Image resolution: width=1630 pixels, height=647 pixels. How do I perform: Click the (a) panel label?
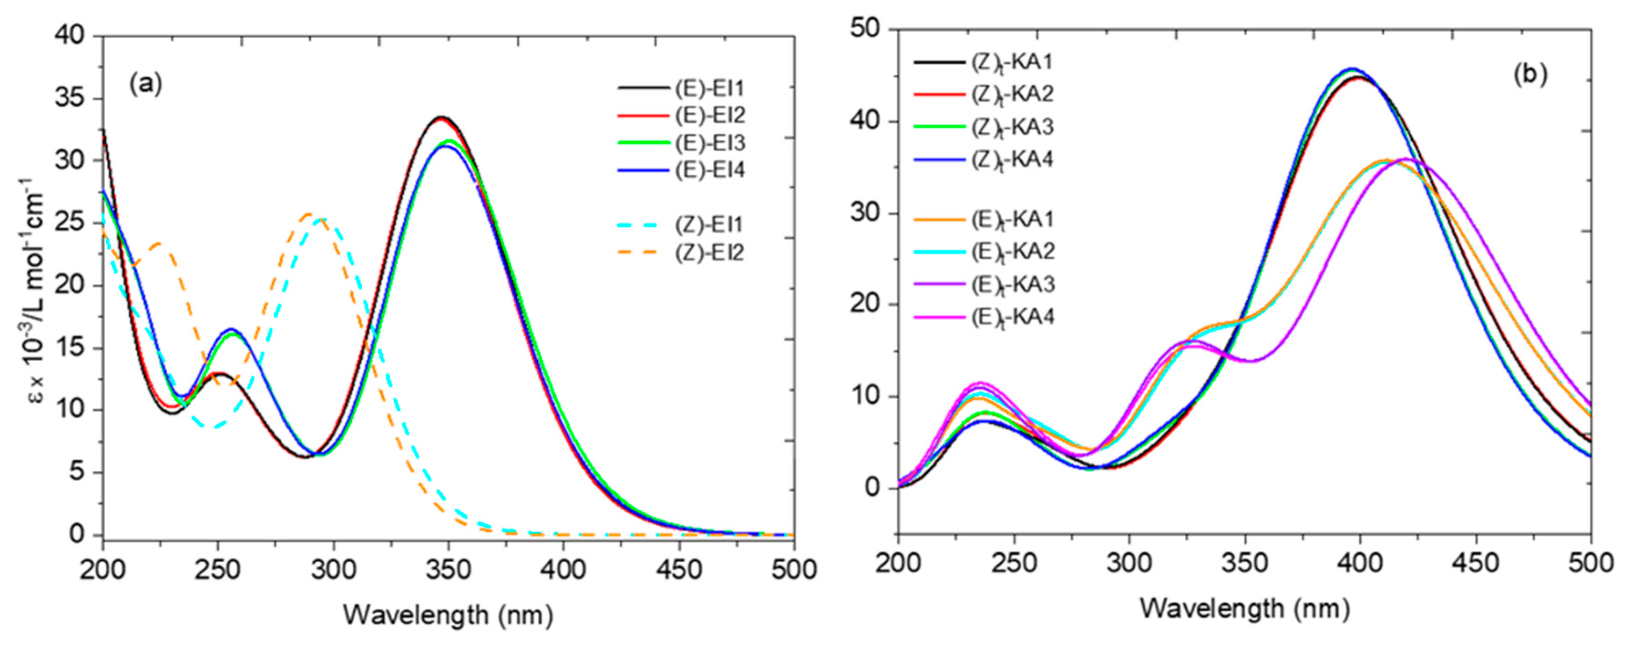click(x=145, y=83)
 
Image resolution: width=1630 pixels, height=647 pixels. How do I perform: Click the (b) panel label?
click(x=1530, y=74)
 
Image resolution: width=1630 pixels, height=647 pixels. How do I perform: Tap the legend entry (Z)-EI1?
click(x=709, y=224)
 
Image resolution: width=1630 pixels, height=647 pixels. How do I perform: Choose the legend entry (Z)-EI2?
click(x=709, y=253)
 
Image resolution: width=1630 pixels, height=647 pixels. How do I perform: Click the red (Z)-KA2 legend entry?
click(x=1013, y=94)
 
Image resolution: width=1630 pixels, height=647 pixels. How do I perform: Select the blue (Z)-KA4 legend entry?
click(x=1013, y=159)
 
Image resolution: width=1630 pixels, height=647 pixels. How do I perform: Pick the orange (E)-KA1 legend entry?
click(x=1013, y=219)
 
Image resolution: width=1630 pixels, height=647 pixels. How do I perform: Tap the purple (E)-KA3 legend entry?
click(x=1013, y=285)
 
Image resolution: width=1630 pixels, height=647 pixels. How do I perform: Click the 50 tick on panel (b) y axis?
click(x=867, y=30)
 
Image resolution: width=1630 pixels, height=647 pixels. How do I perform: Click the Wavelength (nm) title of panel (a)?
click(x=448, y=615)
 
